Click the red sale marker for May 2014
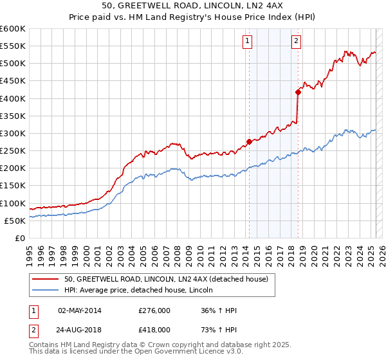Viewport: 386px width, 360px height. point(249,141)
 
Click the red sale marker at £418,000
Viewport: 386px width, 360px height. point(298,92)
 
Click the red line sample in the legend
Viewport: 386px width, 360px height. point(46,279)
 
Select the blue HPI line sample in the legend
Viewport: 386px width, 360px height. point(46,290)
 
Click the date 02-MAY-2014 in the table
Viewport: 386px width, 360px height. point(80,310)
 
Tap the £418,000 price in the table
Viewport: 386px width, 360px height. point(154,328)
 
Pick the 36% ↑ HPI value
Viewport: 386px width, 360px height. point(219,310)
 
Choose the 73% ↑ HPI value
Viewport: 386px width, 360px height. point(219,328)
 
